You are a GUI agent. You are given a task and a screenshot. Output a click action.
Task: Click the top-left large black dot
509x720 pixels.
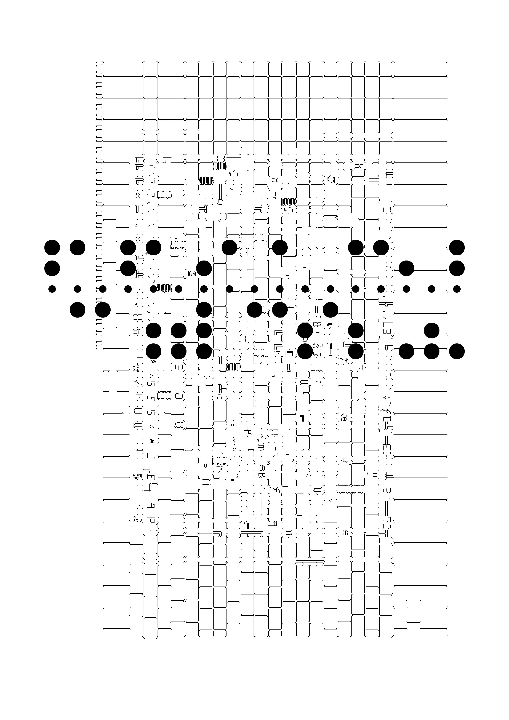tap(52, 248)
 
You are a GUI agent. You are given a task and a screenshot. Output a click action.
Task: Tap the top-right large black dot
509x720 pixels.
tap(457, 248)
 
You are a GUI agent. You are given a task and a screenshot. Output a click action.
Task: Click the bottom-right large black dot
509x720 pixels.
tap(457, 351)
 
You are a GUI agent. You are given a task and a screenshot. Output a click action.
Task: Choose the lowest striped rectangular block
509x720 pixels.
tap(234, 367)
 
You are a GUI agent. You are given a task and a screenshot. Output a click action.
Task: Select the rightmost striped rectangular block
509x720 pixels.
tap(288, 202)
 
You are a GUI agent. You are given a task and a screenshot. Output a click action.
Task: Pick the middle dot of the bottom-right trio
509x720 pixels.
tap(431, 351)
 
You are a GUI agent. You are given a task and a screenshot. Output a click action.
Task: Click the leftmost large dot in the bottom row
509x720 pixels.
tap(153, 351)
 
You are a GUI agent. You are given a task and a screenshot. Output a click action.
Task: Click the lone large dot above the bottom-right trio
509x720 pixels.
tap(431, 330)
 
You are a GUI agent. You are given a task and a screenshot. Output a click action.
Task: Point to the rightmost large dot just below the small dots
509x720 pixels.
tap(330, 310)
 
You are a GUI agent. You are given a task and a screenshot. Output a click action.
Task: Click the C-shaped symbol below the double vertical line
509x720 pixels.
tap(220, 202)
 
